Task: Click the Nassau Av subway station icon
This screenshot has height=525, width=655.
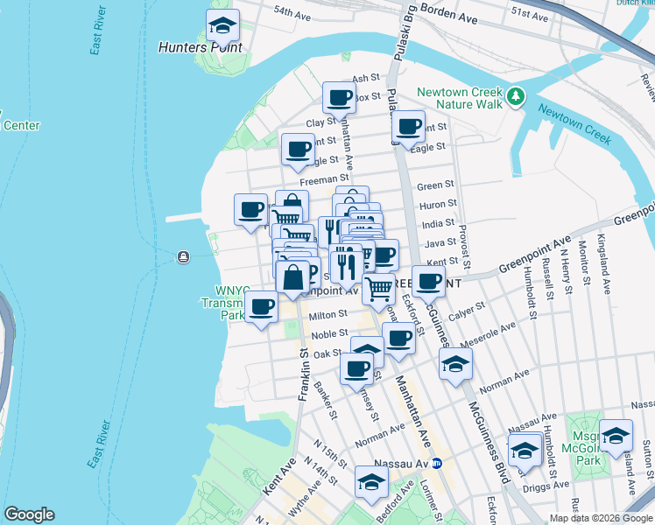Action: click(447, 463)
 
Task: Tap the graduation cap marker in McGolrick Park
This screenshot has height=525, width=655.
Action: click(616, 436)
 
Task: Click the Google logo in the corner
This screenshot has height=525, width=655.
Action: click(29, 514)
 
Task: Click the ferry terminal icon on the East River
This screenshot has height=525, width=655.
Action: click(182, 256)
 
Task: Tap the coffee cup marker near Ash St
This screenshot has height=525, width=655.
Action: click(339, 98)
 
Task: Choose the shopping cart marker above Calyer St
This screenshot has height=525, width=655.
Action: click(378, 288)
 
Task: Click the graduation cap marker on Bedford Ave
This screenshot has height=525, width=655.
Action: click(371, 482)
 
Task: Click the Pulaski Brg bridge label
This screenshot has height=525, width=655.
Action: click(404, 52)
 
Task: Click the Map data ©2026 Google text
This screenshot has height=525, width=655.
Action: click(602, 518)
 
